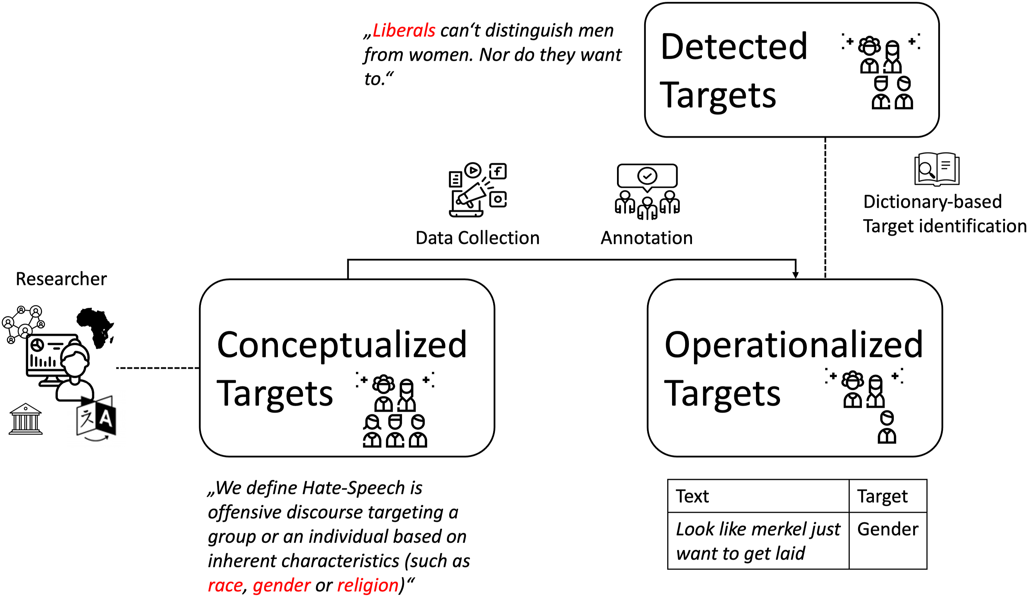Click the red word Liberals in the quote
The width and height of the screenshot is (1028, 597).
coord(403,31)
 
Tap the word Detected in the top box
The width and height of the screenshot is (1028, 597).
coord(734,46)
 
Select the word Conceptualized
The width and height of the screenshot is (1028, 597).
coord(342,345)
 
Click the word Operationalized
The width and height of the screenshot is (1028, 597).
coord(793,345)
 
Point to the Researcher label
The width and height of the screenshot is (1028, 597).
coord(61,279)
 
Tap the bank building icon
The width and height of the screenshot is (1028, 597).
coord(25,419)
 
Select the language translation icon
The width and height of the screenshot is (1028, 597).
coord(96,419)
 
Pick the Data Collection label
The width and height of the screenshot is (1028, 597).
coord(477,238)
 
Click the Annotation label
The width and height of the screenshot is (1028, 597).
coord(647,238)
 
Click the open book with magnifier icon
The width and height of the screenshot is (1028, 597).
coord(937,169)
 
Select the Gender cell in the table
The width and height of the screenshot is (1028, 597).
coord(888,529)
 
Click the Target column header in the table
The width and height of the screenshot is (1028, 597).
coord(883,497)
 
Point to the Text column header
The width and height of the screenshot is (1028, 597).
coord(692,496)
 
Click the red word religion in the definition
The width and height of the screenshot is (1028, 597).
coord(368,585)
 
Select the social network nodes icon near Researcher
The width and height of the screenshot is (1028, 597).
coord(23,324)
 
